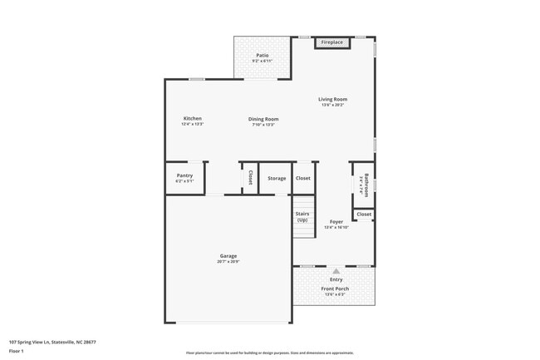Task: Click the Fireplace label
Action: tap(332, 42)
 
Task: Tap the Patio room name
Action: tap(262, 56)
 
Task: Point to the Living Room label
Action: tap(332, 99)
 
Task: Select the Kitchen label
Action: tap(192, 118)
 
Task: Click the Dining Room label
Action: tap(263, 119)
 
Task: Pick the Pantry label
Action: tap(184, 175)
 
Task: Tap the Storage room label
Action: tap(277, 178)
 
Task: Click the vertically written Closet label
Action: tap(250, 178)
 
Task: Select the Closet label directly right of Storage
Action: tap(303, 178)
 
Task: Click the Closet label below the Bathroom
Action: tap(364, 215)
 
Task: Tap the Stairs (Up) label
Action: tap(302, 217)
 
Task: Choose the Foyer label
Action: tap(336, 222)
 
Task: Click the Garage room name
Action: tap(228, 256)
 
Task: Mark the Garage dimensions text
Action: tap(228, 262)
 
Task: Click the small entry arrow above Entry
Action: tap(336, 271)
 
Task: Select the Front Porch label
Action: tap(336, 288)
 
